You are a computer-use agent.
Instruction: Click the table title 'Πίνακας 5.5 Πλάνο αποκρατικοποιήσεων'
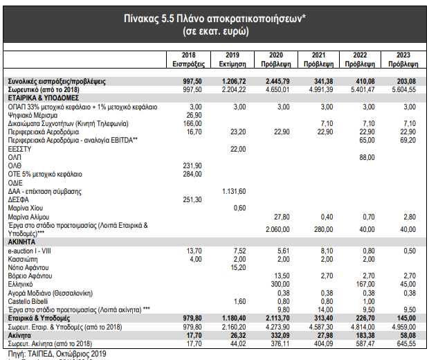214,19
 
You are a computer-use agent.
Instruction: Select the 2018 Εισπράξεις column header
188,60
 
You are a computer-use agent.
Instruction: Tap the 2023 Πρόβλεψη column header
403,60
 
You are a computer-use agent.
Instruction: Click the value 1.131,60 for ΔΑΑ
234,191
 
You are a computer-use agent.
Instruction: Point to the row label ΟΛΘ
15,166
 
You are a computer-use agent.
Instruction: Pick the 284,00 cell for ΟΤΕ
192,174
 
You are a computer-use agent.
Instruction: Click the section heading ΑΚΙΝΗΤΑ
21,242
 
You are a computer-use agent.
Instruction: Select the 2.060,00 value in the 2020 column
277,229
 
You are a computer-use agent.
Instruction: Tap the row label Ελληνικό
20,284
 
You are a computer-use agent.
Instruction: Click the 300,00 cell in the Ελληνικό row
280,284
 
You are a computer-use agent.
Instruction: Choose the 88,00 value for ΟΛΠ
367,157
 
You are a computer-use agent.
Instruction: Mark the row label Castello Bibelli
28,301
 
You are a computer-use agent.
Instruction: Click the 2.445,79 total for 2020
277,81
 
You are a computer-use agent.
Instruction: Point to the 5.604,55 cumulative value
404,89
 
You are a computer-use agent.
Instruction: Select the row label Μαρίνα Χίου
26,208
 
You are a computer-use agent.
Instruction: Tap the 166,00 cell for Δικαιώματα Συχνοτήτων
192,123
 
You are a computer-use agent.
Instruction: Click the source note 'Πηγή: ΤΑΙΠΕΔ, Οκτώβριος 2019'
57,354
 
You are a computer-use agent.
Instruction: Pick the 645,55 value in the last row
406,343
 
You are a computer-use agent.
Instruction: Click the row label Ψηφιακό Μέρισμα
33,115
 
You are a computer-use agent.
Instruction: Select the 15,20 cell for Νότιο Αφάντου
238,267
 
